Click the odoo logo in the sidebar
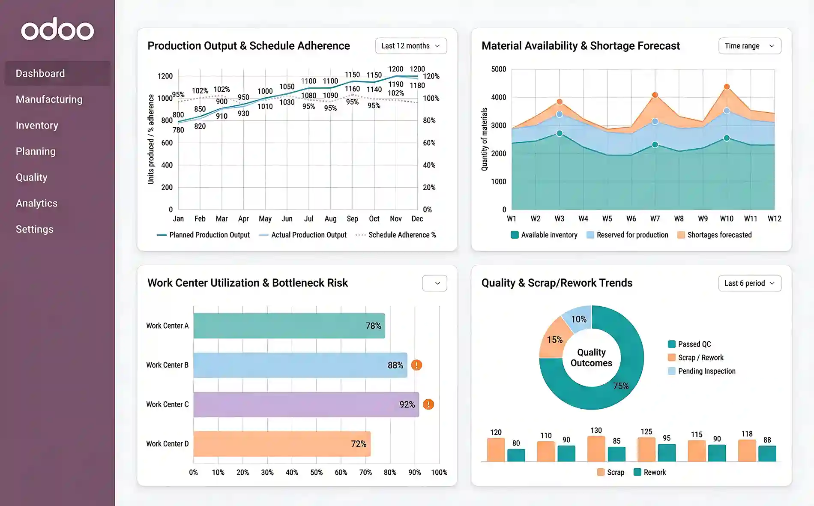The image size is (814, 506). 57,30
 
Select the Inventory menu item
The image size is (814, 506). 37,126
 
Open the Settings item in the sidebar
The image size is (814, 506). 35,229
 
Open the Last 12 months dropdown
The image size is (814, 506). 410,46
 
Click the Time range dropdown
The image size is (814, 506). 749,46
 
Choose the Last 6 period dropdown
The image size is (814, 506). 749,283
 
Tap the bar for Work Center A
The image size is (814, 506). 289,326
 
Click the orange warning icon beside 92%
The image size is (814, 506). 428,404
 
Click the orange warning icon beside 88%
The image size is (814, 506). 416,365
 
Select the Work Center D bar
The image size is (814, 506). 281,443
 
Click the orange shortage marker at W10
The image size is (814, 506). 727,87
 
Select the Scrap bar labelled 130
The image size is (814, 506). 596,449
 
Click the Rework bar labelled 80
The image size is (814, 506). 516,455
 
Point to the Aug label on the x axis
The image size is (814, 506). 330,219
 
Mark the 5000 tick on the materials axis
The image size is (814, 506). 498,69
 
